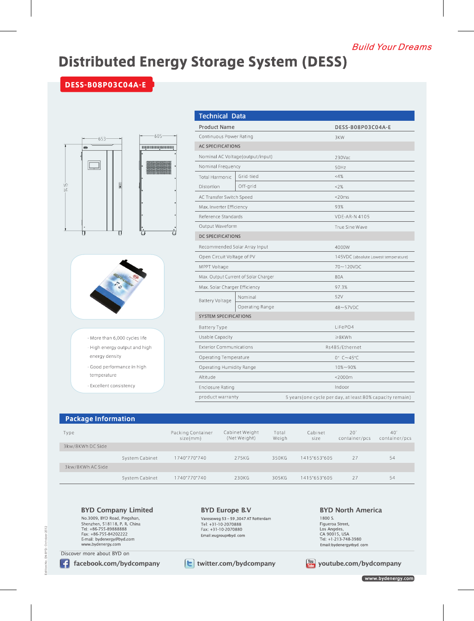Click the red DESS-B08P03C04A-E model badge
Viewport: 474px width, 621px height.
tap(106, 85)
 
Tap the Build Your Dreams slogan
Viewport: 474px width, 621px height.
tap(391, 47)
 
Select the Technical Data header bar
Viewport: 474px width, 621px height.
tap(304, 116)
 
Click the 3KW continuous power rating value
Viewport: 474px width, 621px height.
tap(339, 137)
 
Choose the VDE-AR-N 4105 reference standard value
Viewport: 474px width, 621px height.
tap(352, 217)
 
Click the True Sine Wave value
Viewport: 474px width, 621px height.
tap(351, 227)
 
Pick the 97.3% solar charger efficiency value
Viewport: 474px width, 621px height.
tap(341, 287)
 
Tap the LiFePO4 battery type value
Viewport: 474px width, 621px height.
tap(344, 327)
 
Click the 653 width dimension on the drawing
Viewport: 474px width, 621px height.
tap(102, 139)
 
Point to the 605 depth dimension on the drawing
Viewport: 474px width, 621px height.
tap(158, 136)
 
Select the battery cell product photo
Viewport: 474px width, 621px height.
tap(118, 286)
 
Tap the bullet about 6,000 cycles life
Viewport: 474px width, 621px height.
tap(118, 338)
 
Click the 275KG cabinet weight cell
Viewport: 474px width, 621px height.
tap(242, 458)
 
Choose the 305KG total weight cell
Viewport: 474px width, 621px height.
tap(279, 478)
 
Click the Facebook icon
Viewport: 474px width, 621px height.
tap(65, 563)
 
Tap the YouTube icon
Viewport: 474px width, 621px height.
tap(311, 563)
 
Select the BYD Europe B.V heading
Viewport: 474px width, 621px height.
tap(226, 510)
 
